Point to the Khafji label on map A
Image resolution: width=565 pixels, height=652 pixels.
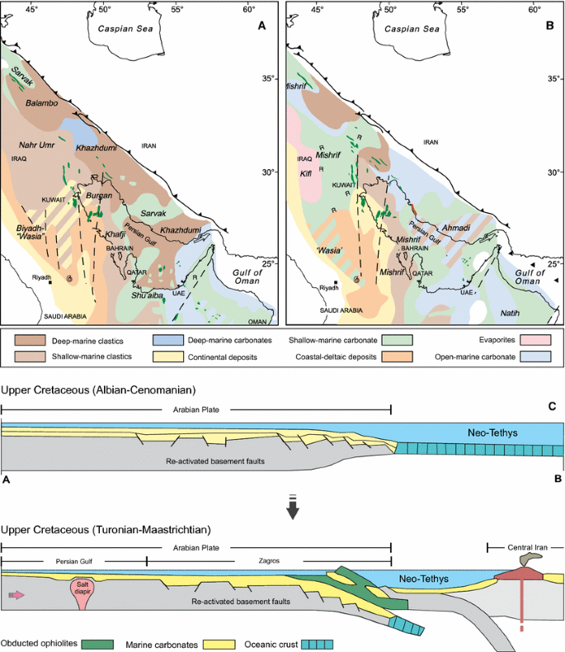click(x=116, y=234)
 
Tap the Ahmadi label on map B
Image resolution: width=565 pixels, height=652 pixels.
click(x=456, y=228)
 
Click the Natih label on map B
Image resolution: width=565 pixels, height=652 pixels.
click(x=512, y=314)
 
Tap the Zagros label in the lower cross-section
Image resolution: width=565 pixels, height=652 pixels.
click(x=268, y=561)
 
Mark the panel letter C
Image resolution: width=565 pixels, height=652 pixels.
click(x=553, y=407)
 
